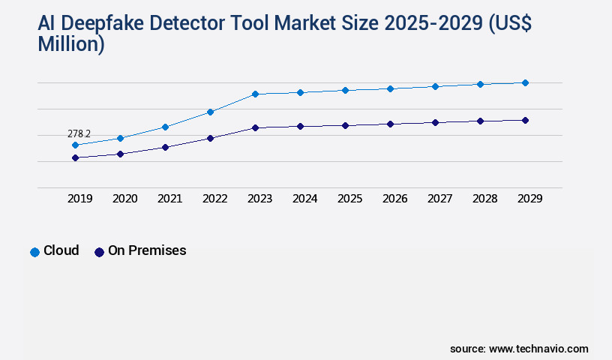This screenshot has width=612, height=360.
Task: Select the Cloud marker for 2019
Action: coord(75,145)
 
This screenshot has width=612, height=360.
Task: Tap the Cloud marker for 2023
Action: coord(255,94)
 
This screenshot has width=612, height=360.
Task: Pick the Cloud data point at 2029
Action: coord(525,82)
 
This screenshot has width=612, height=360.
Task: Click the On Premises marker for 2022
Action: coord(210,138)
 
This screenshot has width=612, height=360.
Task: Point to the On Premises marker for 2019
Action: coord(75,157)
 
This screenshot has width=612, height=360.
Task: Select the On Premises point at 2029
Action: coord(525,120)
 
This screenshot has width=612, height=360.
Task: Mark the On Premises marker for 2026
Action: coord(390,124)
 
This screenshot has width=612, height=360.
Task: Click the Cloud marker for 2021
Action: coord(165,127)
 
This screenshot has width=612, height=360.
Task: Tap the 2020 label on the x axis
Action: coord(124,199)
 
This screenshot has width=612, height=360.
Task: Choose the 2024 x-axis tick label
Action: coord(304,199)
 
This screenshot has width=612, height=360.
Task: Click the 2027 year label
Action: coord(439,199)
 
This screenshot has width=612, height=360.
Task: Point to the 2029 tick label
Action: coord(529,199)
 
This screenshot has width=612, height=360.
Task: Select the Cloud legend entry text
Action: coord(61,250)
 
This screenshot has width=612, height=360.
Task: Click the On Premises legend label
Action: coord(147,250)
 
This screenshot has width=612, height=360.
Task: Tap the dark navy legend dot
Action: coord(99,252)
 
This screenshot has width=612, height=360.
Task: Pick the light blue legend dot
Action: coord(34,252)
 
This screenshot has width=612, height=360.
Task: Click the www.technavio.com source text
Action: coord(538,349)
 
